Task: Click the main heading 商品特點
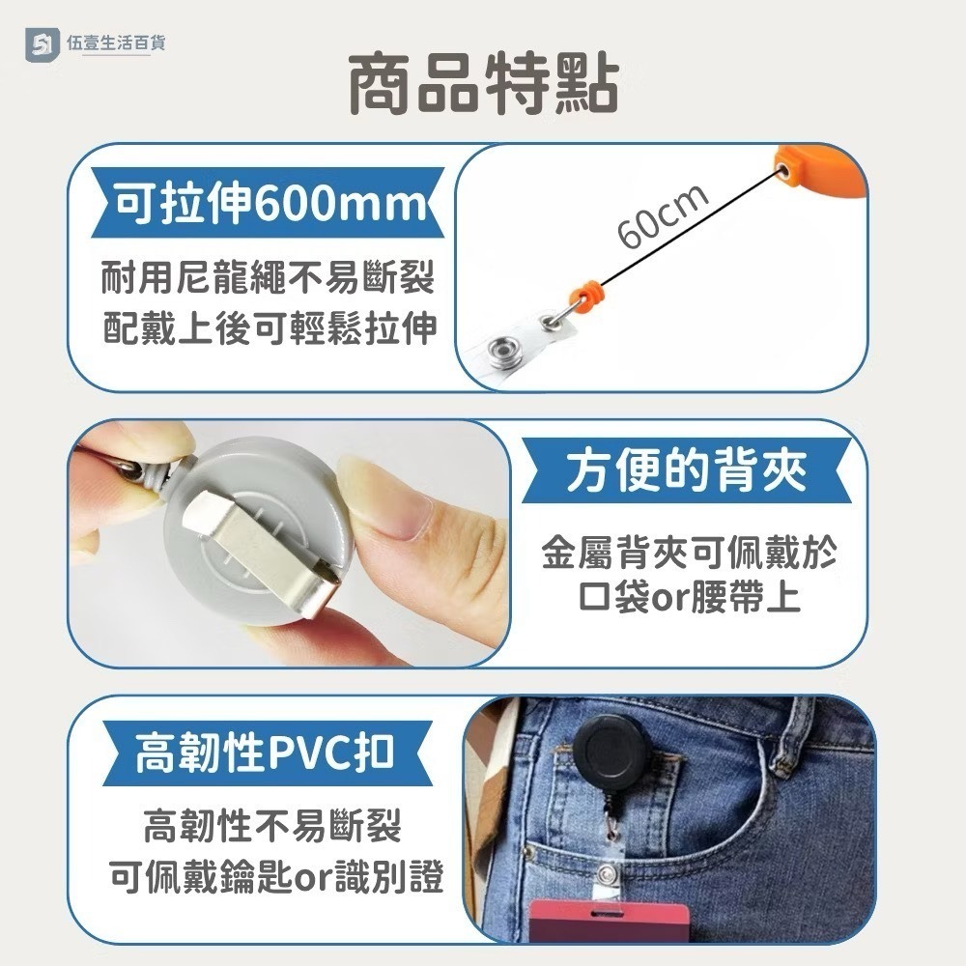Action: pyautogui.click(x=483, y=86)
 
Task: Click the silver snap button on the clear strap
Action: pyautogui.click(x=507, y=346)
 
